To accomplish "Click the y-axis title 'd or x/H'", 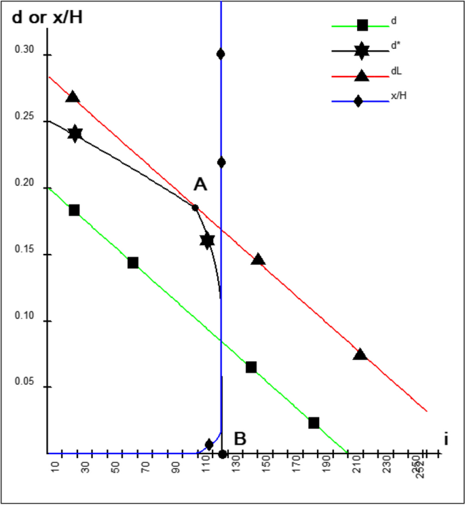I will pos(48,17).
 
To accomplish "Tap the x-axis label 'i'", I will pos(446,439).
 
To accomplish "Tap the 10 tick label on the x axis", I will pos(55,470).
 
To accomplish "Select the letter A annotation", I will pos(200,184).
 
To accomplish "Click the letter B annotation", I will pos(240,438).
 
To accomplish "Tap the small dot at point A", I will pos(195,208).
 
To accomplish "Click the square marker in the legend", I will pos(362,25).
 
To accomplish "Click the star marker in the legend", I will pos(362,50).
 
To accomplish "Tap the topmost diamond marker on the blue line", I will pos(221,54).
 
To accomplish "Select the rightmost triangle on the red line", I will pos(360,354).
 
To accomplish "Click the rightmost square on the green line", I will pos(314,423).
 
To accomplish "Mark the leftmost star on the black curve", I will pos(75,134).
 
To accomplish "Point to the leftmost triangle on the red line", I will pos(73,97).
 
